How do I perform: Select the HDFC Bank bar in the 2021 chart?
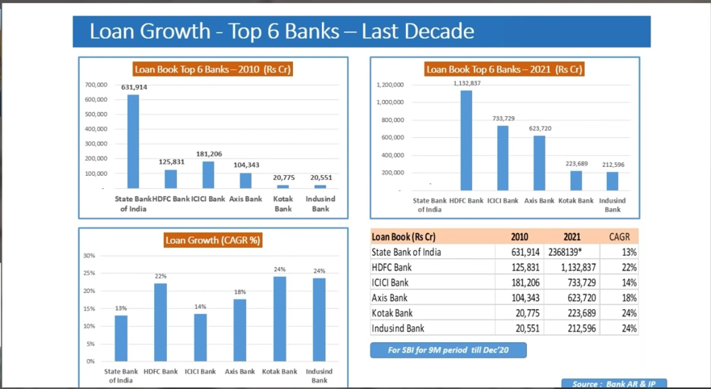pos(466,140)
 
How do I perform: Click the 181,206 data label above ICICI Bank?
pos(208,154)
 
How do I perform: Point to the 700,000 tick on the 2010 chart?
pos(95,85)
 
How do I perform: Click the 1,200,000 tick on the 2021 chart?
pos(390,85)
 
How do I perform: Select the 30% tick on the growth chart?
pos(89,256)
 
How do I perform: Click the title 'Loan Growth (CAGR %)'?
pos(213,240)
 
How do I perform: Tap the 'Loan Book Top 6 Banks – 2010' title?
pos(213,69)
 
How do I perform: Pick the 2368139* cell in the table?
pos(565,252)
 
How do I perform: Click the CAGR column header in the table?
pos(620,236)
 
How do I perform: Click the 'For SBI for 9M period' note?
pos(448,350)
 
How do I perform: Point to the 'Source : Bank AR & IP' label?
pos(613,383)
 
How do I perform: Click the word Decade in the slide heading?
pos(437,31)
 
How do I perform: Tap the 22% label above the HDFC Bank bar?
pos(161,276)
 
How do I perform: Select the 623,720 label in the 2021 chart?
pos(540,129)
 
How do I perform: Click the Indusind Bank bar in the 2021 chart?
pos(613,181)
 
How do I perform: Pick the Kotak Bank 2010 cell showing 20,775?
pos(523,313)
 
